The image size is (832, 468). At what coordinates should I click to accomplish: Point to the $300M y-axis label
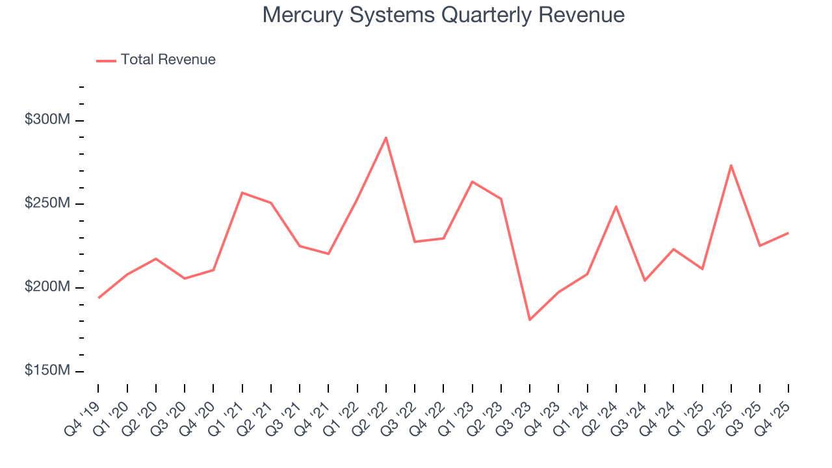tap(48, 120)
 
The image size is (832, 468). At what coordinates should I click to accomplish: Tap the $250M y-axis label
tap(48, 203)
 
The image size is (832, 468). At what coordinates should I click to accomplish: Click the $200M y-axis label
tap(48, 287)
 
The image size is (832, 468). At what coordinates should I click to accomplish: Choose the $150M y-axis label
tap(48, 370)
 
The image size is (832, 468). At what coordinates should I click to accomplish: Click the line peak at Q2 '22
tap(386, 137)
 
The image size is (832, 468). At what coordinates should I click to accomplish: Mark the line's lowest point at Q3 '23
tap(530, 320)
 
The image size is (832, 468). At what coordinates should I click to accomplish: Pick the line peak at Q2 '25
tap(731, 165)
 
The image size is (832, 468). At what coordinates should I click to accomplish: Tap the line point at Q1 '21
tap(242, 192)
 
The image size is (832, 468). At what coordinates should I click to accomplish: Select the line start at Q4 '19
tap(99, 298)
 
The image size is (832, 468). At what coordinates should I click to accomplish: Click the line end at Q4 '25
tap(788, 233)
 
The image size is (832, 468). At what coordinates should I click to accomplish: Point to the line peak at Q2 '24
tap(616, 206)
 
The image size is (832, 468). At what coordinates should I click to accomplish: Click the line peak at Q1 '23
tap(473, 181)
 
